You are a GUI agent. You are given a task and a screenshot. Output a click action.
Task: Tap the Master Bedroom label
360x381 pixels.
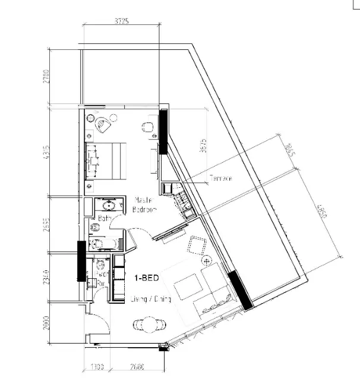145,205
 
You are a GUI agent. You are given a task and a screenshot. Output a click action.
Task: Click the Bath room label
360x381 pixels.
105,218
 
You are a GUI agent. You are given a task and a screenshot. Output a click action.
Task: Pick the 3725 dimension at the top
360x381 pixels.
122,21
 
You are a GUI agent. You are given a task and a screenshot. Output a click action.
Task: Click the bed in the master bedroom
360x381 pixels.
106,159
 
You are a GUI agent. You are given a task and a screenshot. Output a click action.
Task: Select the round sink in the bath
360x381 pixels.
109,206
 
